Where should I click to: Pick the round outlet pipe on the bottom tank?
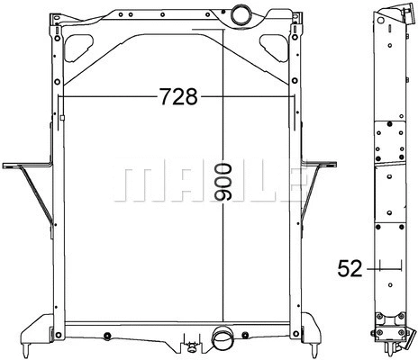point(221,340)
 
